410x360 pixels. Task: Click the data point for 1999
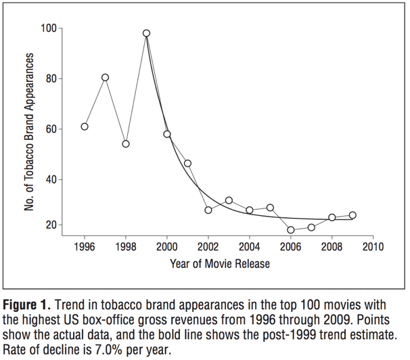[x=146, y=33]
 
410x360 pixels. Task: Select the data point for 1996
[x=85, y=127]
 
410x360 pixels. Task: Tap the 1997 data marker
[x=106, y=77]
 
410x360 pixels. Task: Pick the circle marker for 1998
[x=126, y=143]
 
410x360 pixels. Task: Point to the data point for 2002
[x=208, y=210]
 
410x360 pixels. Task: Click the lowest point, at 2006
[x=291, y=230]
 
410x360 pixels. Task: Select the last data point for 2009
[x=352, y=215]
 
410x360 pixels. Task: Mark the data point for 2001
[x=187, y=163]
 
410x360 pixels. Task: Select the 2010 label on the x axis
[x=373, y=246]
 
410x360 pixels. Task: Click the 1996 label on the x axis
[x=85, y=246]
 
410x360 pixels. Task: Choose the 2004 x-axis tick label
[x=250, y=246]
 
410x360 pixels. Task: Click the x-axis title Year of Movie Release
[x=220, y=263]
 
